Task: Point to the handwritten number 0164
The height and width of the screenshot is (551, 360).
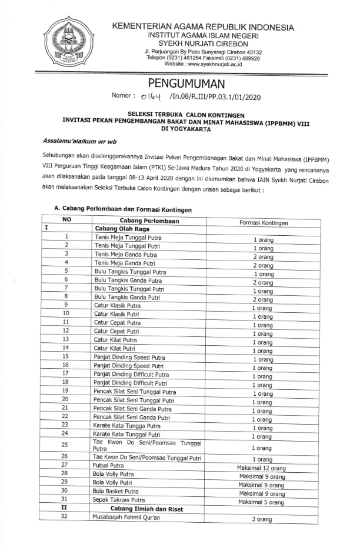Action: pyautogui.click(x=151, y=96)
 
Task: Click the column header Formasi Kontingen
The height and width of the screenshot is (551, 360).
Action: pyautogui.click(x=264, y=223)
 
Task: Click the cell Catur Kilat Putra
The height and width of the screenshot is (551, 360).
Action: pyautogui.click(x=115, y=339)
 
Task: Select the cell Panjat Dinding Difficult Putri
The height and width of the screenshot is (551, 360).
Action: pyautogui.click(x=131, y=382)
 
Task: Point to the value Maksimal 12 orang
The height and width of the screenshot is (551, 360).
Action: pyautogui.click(x=262, y=468)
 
